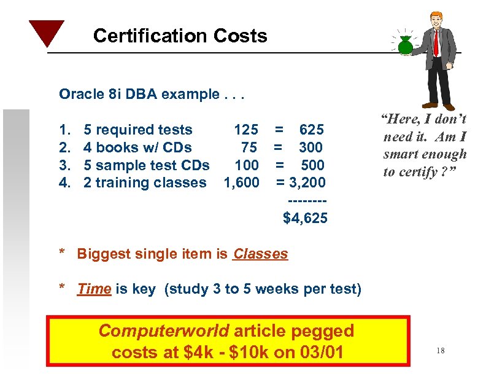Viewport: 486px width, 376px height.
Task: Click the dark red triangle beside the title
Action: (x=46, y=32)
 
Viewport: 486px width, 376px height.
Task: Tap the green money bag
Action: (x=406, y=45)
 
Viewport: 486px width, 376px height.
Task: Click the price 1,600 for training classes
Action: (x=241, y=182)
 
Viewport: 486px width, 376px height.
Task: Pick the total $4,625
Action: (x=305, y=218)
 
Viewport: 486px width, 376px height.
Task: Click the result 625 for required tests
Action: (x=311, y=130)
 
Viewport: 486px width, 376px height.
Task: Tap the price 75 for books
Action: (x=249, y=147)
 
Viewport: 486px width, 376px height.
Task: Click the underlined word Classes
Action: (x=260, y=254)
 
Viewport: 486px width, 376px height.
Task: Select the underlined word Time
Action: (x=94, y=289)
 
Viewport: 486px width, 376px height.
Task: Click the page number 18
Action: (x=440, y=351)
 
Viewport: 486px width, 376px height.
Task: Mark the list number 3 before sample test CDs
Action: (x=63, y=165)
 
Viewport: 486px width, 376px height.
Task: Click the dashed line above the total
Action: (x=305, y=200)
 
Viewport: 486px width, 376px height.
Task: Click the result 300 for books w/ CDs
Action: (x=311, y=147)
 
